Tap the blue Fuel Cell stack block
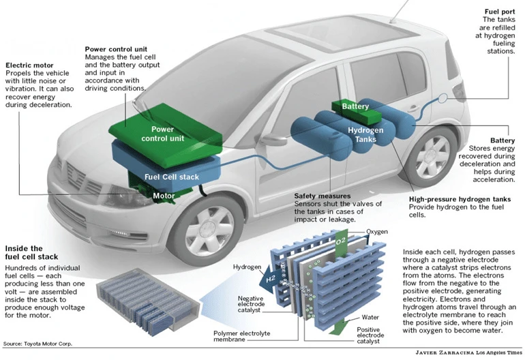click(x=171, y=177)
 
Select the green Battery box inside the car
click(x=355, y=107)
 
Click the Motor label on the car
click(x=164, y=196)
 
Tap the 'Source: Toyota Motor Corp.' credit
click(x=37, y=344)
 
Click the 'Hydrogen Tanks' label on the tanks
click(x=365, y=135)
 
